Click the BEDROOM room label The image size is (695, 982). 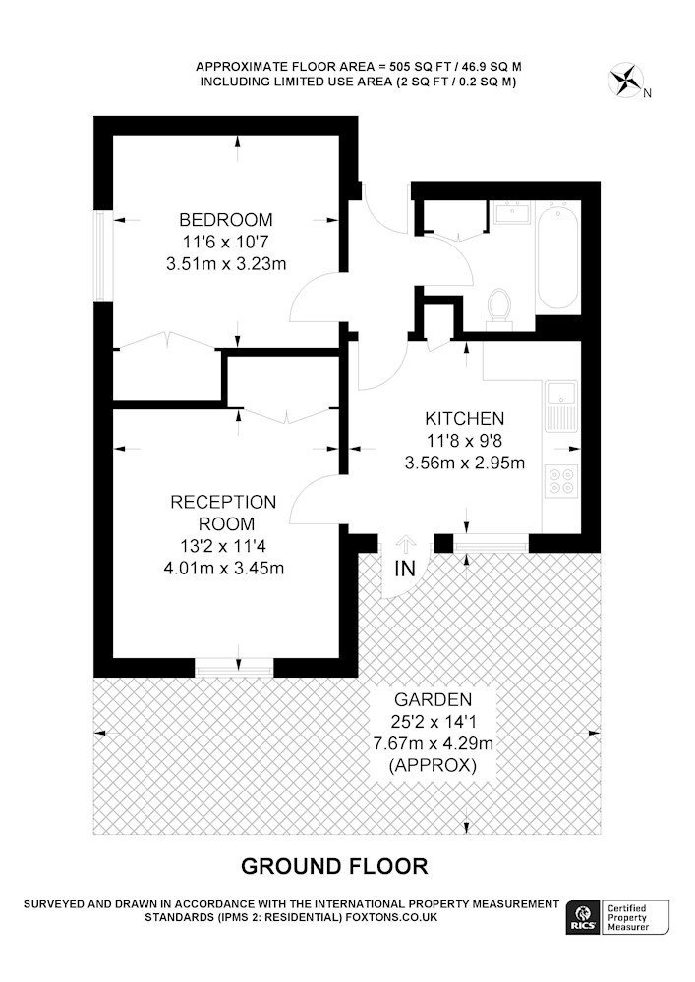tap(226, 220)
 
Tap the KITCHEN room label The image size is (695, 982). tap(464, 418)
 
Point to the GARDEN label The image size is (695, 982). tap(434, 699)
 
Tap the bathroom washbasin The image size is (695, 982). tap(512, 213)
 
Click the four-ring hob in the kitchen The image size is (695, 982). tap(561, 481)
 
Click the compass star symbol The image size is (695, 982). tap(625, 81)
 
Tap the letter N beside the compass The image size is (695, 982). tap(648, 94)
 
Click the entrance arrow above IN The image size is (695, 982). tap(405, 545)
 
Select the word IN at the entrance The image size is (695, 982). tap(405, 569)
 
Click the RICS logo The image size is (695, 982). tap(582, 917)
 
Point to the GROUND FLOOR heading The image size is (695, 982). tap(334, 867)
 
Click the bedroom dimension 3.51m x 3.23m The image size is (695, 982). tap(226, 263)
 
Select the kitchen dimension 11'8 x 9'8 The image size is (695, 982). tap(464, 441)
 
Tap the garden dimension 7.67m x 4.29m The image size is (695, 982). tap(434, 744)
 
